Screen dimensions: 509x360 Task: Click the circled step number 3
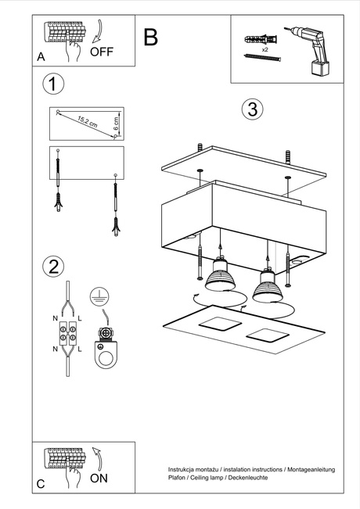tap(250, 109)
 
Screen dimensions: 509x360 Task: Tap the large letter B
tap(151, 37)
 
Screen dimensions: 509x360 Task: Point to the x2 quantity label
tap(265, 48)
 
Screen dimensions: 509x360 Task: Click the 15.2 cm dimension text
tap(88, 122)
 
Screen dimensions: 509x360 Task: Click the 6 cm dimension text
tap(116, 123)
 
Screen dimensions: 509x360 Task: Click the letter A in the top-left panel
tap(41, 57)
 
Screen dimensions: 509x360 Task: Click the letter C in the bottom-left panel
tap(41, 485)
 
